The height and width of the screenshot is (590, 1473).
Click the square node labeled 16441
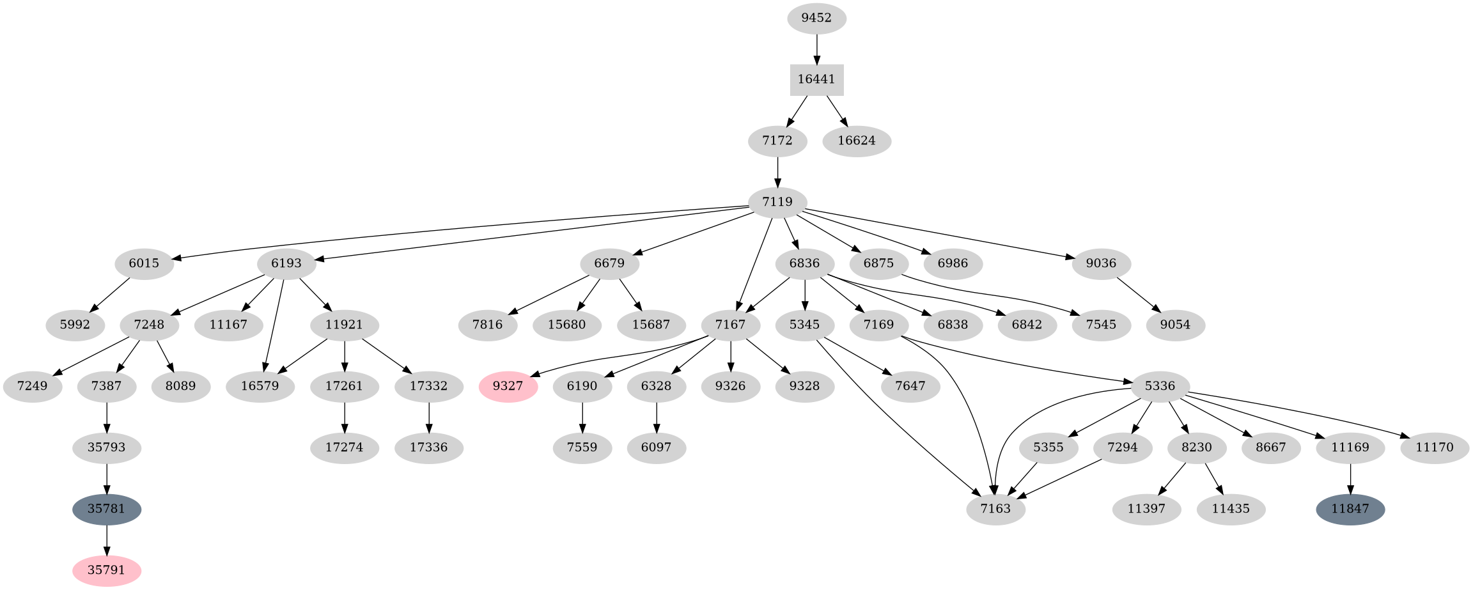pos(816,80)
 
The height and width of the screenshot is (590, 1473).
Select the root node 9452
pos(816,18)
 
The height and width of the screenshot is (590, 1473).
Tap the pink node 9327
pos(508,386)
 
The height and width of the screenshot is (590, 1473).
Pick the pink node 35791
pos(107,570)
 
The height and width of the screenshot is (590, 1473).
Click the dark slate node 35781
pos(107,509)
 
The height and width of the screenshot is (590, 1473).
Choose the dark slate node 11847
pos(1350,509)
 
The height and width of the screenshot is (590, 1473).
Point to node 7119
pos(777,202)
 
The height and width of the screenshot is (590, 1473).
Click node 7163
pos(996,509)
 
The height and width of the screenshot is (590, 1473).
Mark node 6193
pos(286,263)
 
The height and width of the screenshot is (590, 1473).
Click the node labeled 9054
pos(1175,325)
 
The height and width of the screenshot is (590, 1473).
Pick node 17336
pos(429,447)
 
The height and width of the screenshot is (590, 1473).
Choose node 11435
pos(1231,509)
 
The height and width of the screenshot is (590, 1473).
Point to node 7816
pos(488,325)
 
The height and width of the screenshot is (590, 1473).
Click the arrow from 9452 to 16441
pos(816,49)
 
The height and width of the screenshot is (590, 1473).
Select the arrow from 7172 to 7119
pos(777,171)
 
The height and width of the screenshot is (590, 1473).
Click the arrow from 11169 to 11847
pos(1350,478)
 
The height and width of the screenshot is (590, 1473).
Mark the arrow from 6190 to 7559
pos(582,417)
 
